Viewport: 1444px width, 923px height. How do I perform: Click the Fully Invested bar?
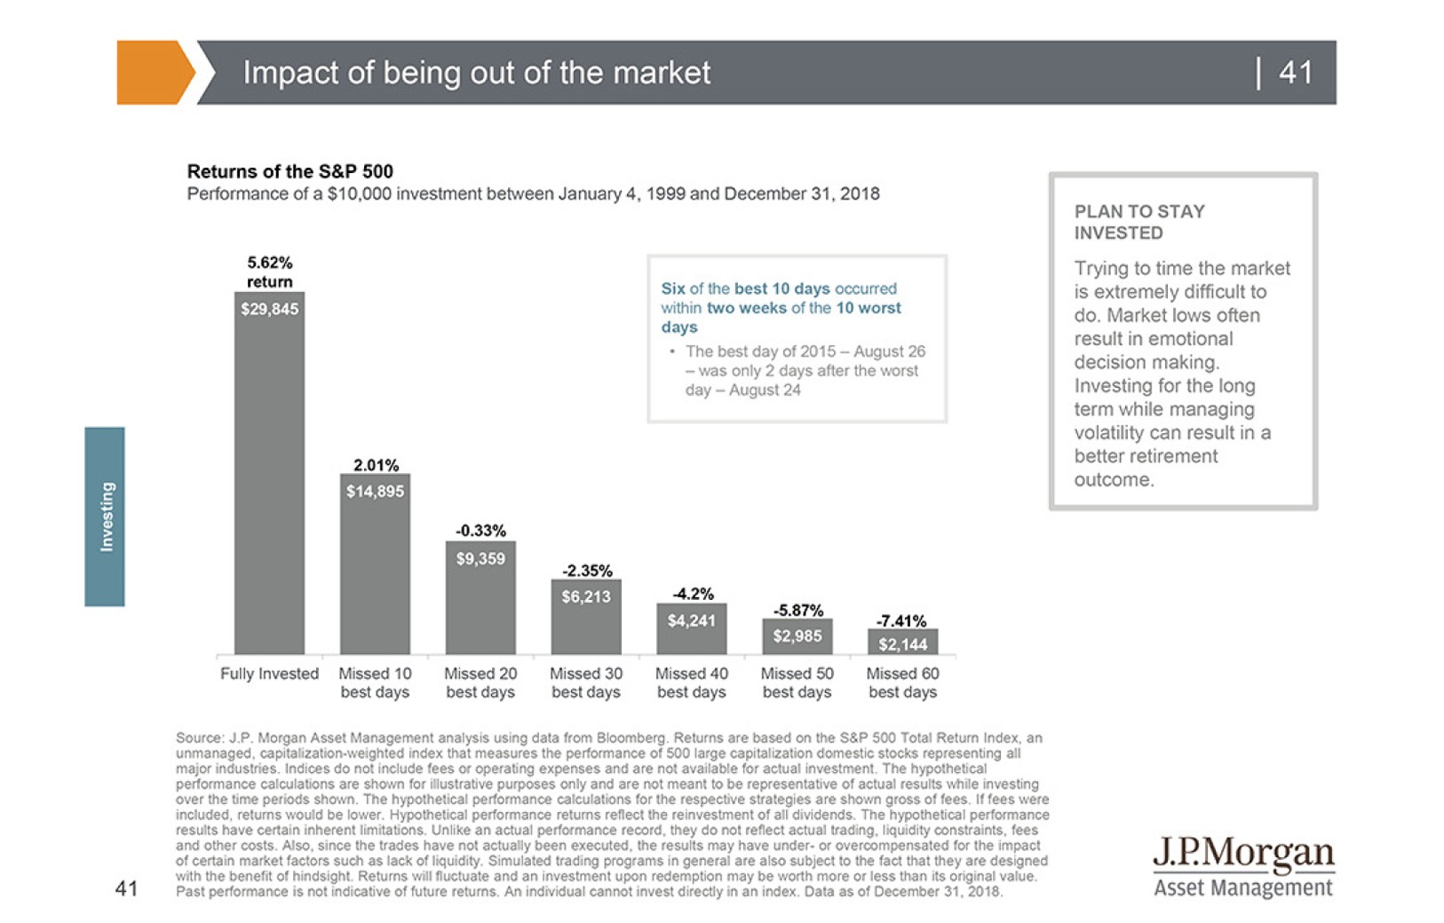pos(269,479)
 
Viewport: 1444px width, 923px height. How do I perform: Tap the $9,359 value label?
pos(480,559)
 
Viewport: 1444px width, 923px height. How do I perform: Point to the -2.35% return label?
pos(587,571)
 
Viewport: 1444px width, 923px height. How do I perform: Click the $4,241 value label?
pos(692,620)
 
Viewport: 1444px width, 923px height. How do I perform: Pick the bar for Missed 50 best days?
pos(797,636)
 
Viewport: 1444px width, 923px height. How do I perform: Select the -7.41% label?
pos(901,620)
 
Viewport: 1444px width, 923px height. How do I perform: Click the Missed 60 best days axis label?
pos(902,682)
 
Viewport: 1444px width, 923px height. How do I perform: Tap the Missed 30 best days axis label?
pos(586,682)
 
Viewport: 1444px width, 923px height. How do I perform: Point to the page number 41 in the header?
pos(1296,72)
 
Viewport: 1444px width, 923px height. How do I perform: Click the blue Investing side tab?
pos(105,517)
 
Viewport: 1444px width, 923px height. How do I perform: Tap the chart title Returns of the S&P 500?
pos(290,171)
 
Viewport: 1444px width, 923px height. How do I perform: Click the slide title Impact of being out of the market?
pos(476,72)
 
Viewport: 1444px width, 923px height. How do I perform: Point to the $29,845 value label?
pos(270,309)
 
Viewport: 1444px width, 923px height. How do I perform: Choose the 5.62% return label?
pos(269,272)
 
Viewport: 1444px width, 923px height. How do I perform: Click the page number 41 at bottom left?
pos(127,887)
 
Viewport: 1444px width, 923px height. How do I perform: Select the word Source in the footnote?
pos(199,738)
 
